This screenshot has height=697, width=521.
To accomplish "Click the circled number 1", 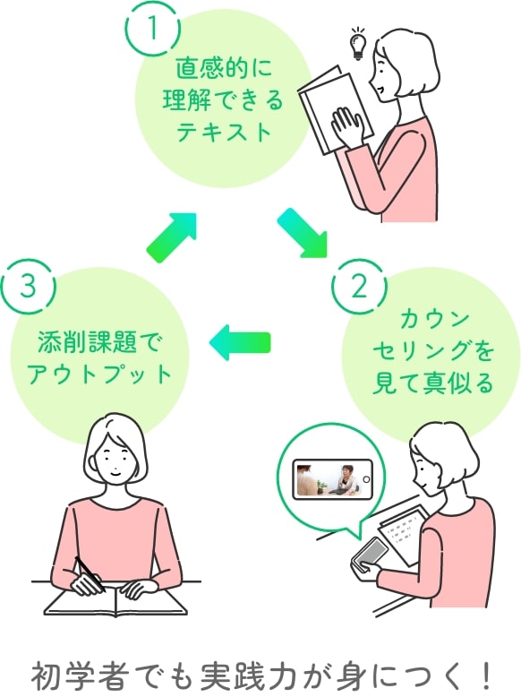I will [x=154, y=28].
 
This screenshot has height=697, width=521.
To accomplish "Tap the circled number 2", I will [x=359, y=287].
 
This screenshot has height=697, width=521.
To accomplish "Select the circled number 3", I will [x=29, y=287].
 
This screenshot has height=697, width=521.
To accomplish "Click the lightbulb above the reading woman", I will [x=359, y=43].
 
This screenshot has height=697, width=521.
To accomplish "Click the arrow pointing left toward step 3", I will [x=239, y=342].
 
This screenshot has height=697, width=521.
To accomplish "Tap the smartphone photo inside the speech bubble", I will [x=332, y=479].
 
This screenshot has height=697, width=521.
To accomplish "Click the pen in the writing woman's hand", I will [x=89, y=573].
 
